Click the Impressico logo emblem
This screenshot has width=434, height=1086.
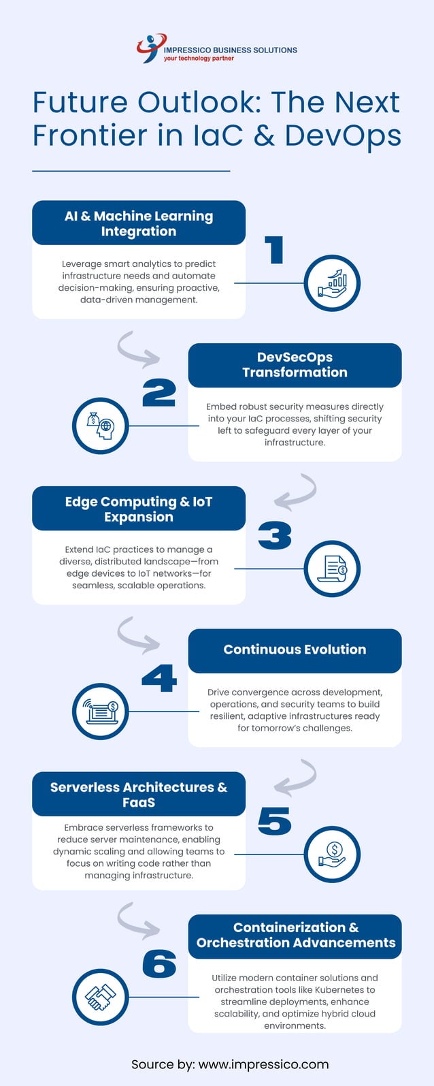[150, 48]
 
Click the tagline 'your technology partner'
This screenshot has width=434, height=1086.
[199, 59]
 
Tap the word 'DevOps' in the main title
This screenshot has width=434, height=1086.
[343, 135]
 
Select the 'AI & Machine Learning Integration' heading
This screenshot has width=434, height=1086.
[139, 223]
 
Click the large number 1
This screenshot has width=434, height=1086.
[273, 250]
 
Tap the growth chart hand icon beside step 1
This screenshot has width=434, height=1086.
[332, 283]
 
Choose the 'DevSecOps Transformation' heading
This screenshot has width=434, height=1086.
[295, 365]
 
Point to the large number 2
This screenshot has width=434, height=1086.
[159, 393]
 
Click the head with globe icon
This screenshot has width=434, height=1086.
[101, 426]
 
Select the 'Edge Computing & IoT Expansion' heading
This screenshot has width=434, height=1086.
[139, 509]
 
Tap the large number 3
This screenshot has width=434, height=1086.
[275, 536]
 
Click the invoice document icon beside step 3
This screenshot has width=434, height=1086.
[332, 569]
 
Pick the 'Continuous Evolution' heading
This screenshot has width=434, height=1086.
[295, 650]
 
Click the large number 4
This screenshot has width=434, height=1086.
[159, 679]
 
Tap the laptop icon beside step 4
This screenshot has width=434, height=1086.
[101, 712]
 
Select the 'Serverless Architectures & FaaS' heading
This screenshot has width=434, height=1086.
[139, 795]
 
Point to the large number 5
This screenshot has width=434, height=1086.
[275, 821]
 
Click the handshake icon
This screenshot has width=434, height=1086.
[101, 997]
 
